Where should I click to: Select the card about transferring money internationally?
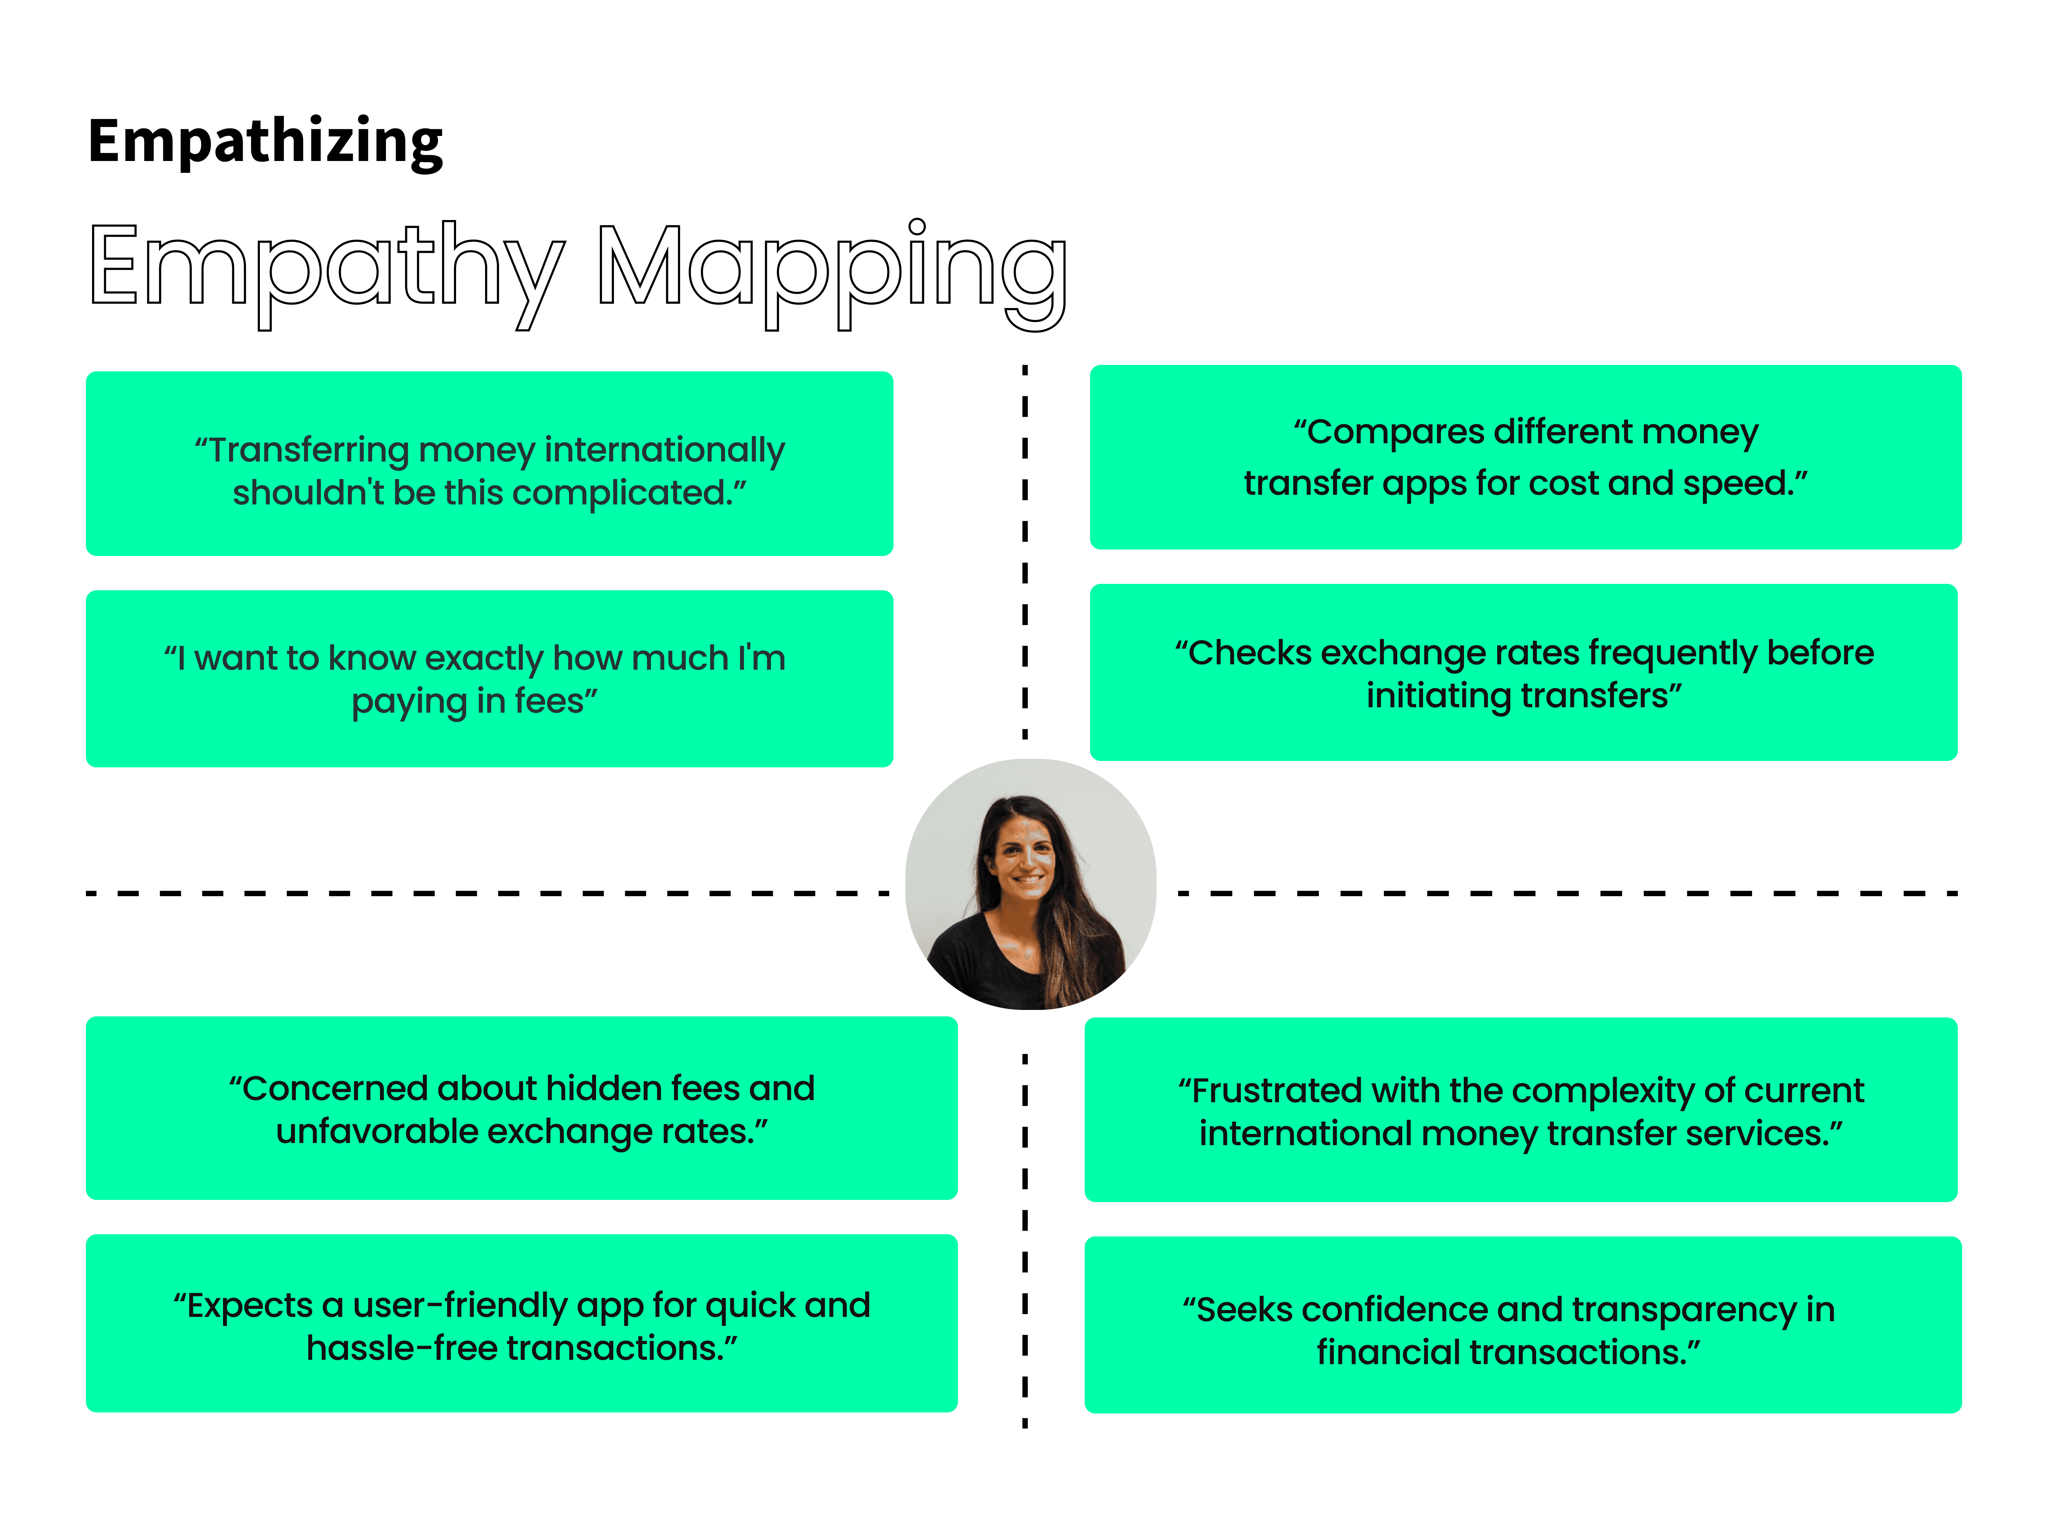(489, 464)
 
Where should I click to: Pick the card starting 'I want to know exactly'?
(489, 679)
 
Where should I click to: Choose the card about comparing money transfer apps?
(1525, 457)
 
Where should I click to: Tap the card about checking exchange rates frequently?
(1524, 672)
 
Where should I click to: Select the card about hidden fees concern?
(522, 1108)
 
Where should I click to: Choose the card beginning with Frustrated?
(1521, 1110)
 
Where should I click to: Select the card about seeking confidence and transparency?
(1524, 1325)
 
